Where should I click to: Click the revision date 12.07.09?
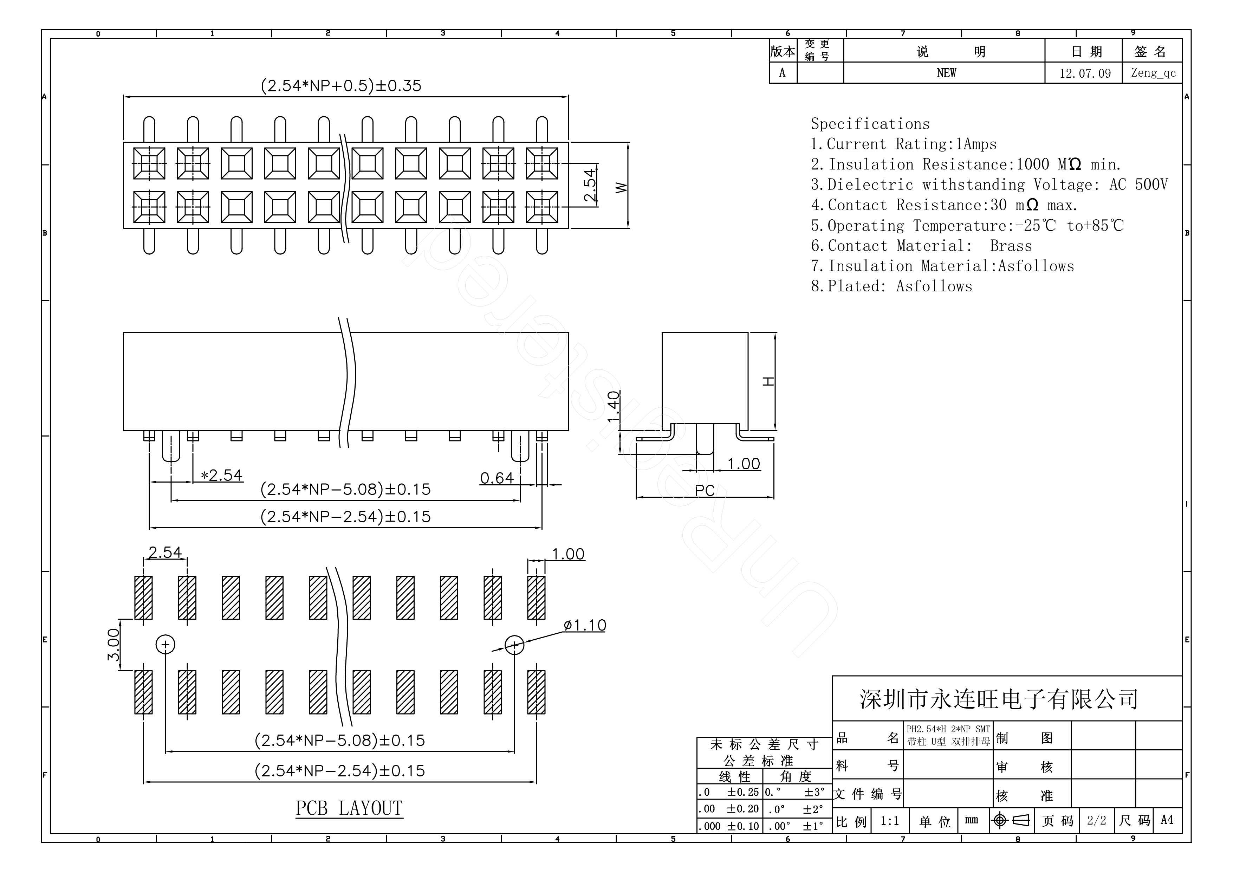tap(1085, 73)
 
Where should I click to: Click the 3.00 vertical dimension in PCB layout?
tap(113, 645)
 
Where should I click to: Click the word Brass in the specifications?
tap(1011, 246)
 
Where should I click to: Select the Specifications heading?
tap(870, 124)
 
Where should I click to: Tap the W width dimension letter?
tap(621, 187)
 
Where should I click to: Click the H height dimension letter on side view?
tap(769, 381)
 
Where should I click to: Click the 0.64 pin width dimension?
tap(497, 478)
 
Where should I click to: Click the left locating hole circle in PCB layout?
tap(166, 644)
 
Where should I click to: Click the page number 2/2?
tap(1097, 820)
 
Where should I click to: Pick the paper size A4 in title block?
tap(1167, 820)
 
